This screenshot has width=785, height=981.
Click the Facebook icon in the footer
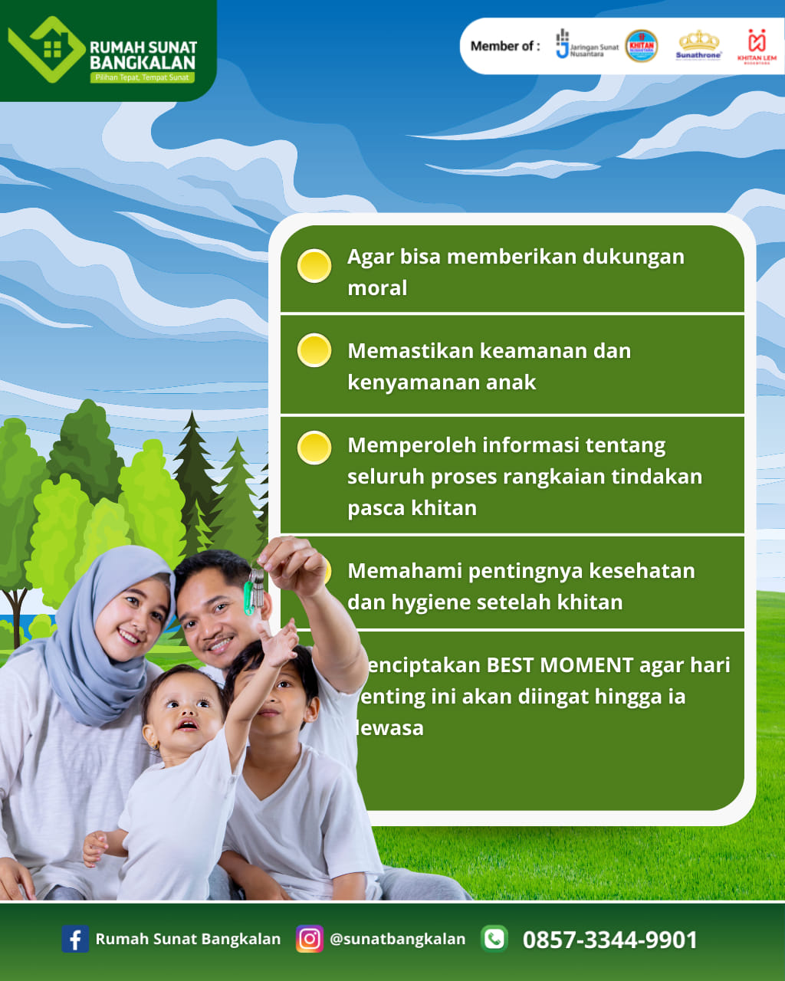74,939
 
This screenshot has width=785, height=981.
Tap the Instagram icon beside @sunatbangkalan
310,939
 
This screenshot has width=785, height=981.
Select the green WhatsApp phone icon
494,938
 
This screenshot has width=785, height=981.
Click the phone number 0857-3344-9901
610,940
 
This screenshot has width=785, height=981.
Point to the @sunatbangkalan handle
397,939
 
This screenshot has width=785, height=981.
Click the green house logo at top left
46,49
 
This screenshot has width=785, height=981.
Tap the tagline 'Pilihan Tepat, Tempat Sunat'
142,77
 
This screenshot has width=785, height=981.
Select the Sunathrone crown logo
698,44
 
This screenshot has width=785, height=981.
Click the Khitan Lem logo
757,46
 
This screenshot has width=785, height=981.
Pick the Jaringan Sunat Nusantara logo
586,45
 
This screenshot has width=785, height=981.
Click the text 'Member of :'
504,46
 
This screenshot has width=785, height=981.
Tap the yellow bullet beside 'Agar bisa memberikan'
314,266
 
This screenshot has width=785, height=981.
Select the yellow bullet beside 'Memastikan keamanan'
314,350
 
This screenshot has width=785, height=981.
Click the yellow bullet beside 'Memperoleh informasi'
314,448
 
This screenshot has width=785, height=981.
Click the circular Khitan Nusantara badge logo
641,46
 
